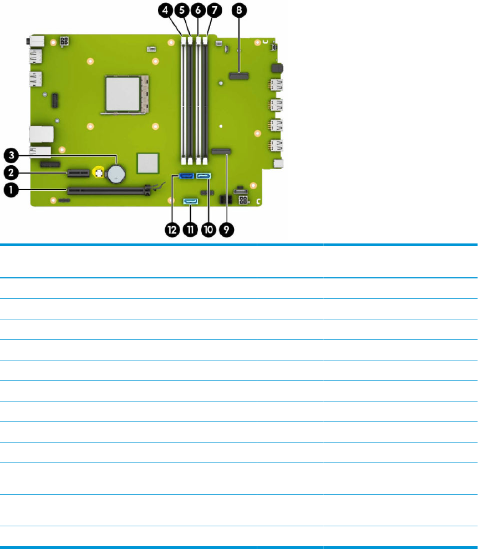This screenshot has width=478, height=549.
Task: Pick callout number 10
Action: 208,230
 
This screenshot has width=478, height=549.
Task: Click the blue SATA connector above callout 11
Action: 190,201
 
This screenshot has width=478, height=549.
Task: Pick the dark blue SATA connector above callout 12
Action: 186,177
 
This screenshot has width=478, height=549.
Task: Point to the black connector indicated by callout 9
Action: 221,150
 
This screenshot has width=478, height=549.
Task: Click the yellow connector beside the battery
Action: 99,172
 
